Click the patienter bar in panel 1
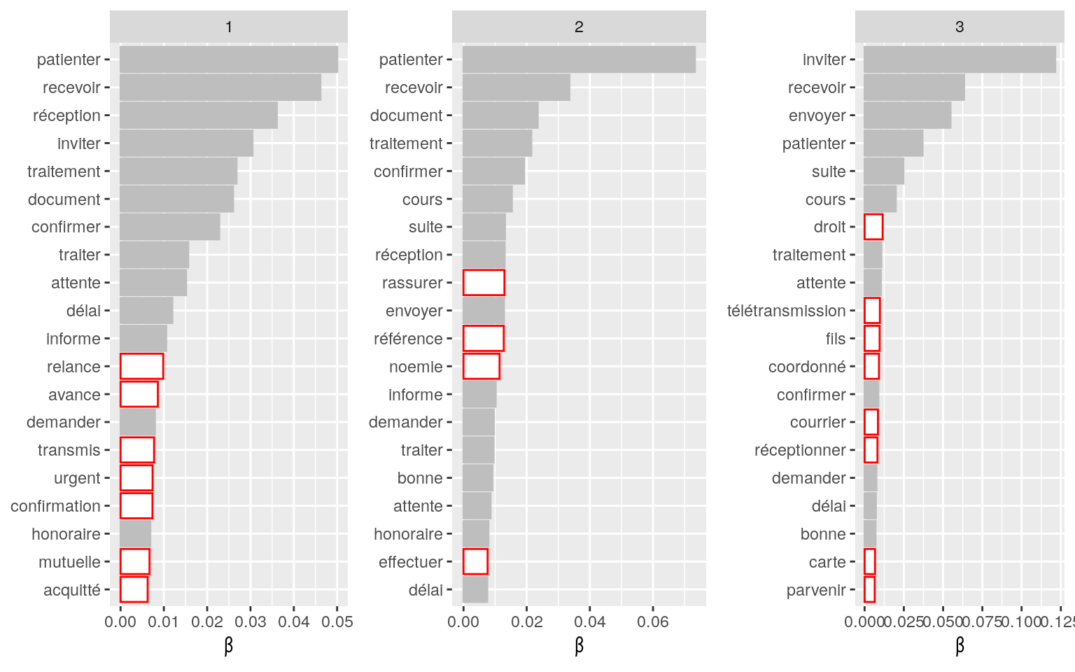pos(229,59)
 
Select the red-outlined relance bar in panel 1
pos(141,366)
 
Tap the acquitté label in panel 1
pos(72,590)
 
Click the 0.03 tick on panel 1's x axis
pos(251,622)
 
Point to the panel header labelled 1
pos(229,27)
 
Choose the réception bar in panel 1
pos(199,115)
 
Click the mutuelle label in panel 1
pos(70,562)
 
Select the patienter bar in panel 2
pos(579,59)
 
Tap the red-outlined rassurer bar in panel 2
pos(484,283)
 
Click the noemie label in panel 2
pos(416,367)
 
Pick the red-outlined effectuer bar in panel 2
pos(475,561)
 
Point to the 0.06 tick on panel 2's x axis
pos(653,622)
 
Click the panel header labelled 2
pos(579,27)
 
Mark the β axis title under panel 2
pos(579,645)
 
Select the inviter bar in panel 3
pos(960,59)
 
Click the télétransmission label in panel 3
pos(786,311)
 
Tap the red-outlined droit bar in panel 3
pos(873,227)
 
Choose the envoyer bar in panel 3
pos(907,115)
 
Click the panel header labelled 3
pos(960,27)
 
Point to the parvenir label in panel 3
pos(816,590)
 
